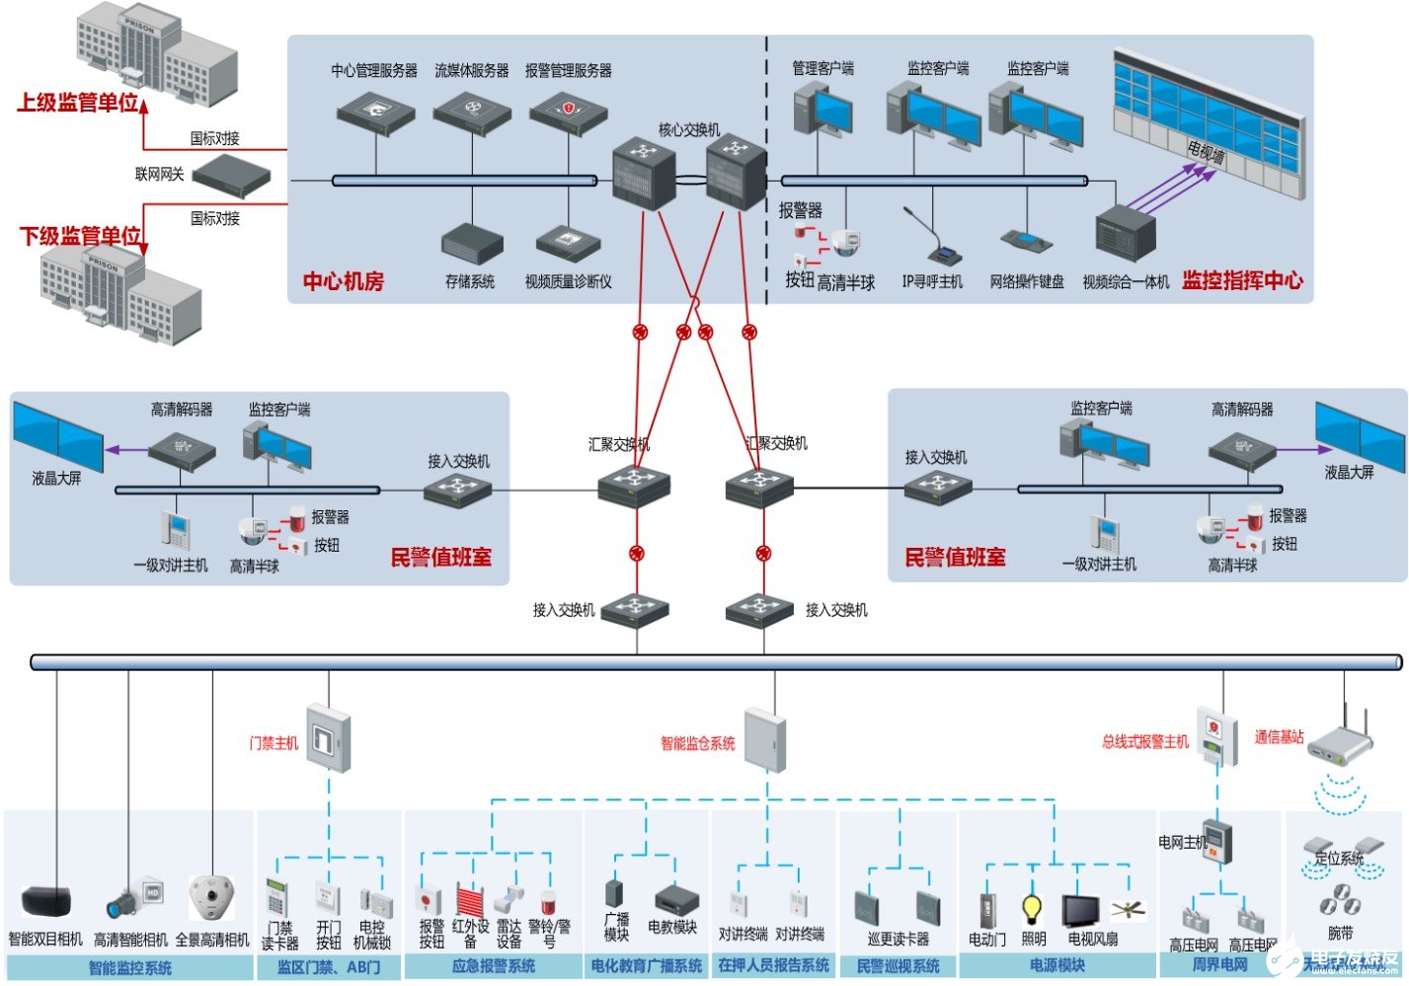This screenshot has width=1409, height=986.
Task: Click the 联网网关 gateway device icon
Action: (x=231, y=177)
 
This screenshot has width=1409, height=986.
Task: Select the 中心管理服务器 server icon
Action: (x=375, y=113)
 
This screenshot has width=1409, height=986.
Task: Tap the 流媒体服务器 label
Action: (x=472, y=71)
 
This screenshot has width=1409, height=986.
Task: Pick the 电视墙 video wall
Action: (x=1211, y=123)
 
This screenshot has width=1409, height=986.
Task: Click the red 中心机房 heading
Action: (x=343, y=281)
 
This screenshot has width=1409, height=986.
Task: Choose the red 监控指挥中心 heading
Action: (x=1242, y=280)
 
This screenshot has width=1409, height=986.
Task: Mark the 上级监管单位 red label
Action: (x=78, y=103)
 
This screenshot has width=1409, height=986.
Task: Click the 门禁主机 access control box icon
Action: (x=328, y=738)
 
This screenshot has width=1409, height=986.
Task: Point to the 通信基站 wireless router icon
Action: (x=1340, y=741)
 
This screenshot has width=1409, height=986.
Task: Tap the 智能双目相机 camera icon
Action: (x=46, y=902)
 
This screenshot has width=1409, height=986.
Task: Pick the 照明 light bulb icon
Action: (x=1032, y=907)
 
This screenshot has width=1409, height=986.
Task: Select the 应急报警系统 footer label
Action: (x=493, y=966)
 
